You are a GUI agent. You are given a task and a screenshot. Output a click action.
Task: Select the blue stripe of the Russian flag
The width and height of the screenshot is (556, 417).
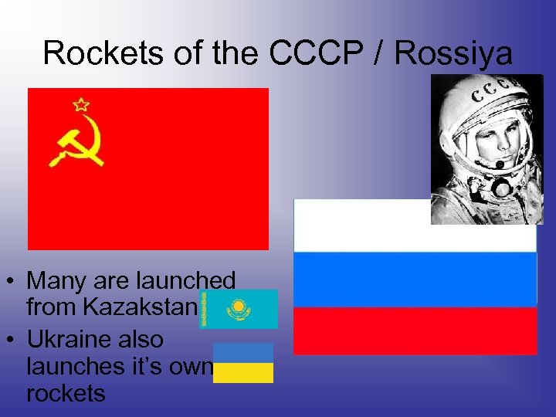(415, 279)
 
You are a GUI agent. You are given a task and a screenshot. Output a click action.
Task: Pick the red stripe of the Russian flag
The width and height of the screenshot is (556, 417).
(415, 331)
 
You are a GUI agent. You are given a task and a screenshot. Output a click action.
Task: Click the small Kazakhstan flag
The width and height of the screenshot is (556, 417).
(240, 309)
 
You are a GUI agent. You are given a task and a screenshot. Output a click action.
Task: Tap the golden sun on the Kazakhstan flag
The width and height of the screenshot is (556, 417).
(238, 307)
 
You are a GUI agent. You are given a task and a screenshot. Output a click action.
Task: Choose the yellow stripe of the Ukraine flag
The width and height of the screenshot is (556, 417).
(243, 373)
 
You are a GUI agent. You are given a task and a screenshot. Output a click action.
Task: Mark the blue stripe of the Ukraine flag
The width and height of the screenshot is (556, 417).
(243, 353)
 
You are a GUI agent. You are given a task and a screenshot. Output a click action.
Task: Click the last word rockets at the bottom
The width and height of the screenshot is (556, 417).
(66, 393)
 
